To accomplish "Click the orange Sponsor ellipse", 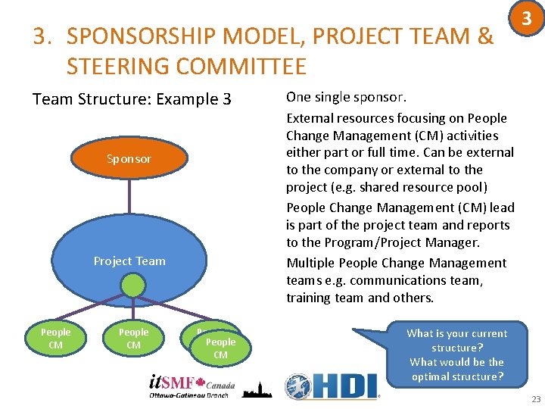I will point(129,159).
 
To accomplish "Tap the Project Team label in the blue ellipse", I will point(129,261).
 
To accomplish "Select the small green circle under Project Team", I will point(133,286).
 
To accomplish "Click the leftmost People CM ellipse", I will point(55,339).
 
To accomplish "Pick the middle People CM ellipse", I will point(133,339).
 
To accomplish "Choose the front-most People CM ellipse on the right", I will point(220,348).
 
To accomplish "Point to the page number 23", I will point(536,398).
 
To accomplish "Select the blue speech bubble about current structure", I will point(456,354).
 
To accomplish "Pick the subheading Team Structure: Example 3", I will point(132,99).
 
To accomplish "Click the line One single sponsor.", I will point(346,97).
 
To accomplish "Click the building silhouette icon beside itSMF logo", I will point(256,389).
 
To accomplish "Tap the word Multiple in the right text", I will point(310,263).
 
